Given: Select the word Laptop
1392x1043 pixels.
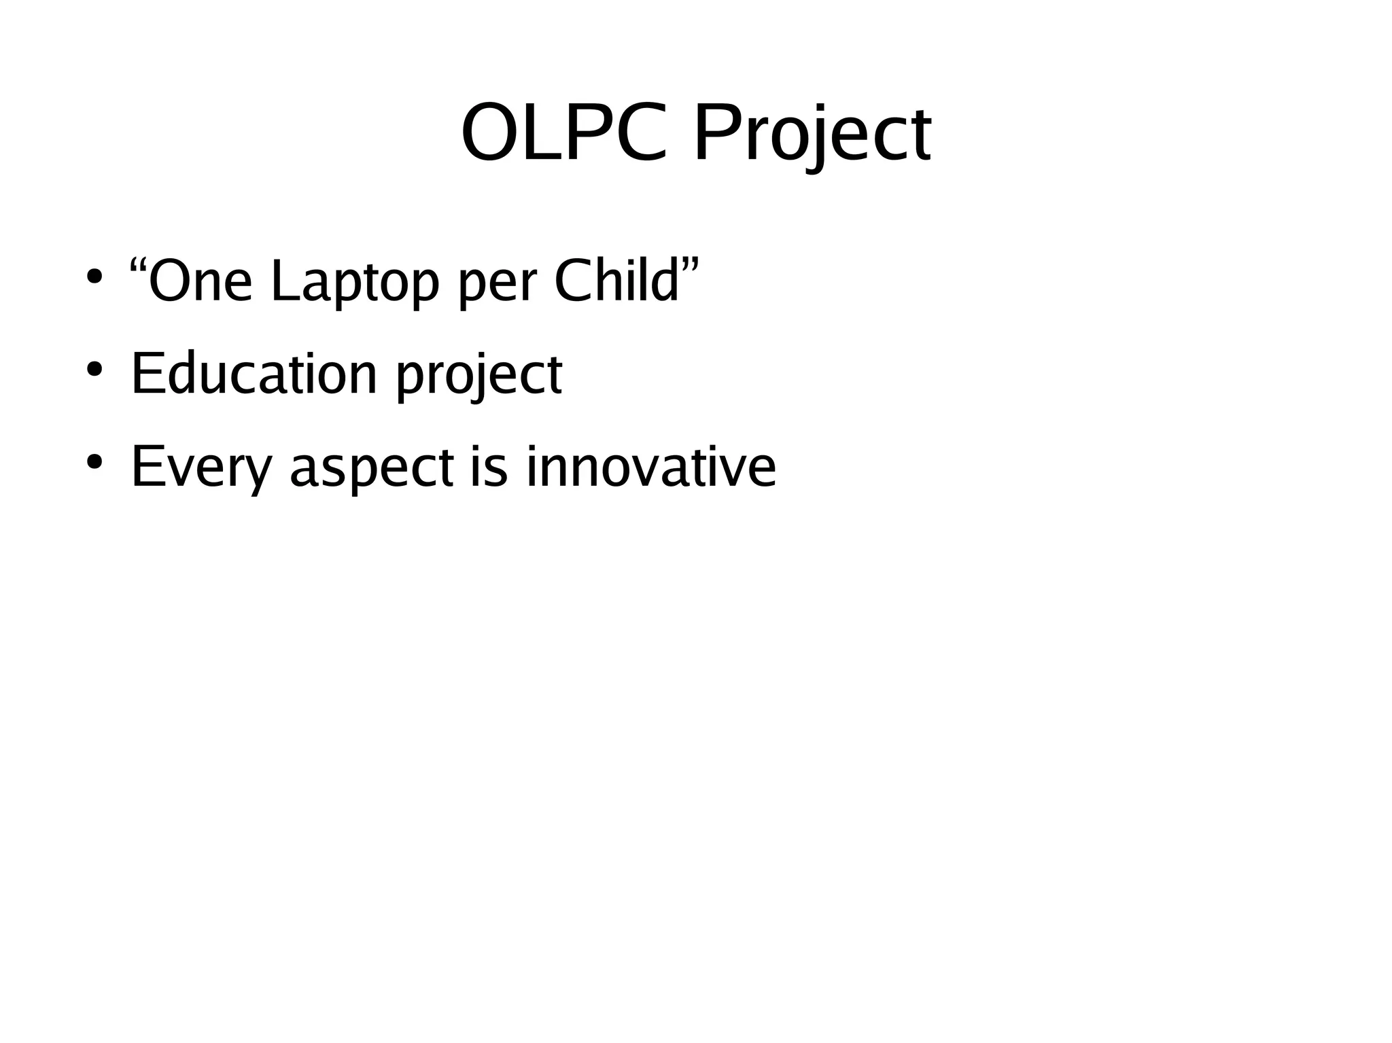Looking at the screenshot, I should (355, 283).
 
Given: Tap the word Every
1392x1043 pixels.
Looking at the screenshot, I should (201, 468).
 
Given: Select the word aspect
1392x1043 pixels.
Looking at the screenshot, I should (372, 470).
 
